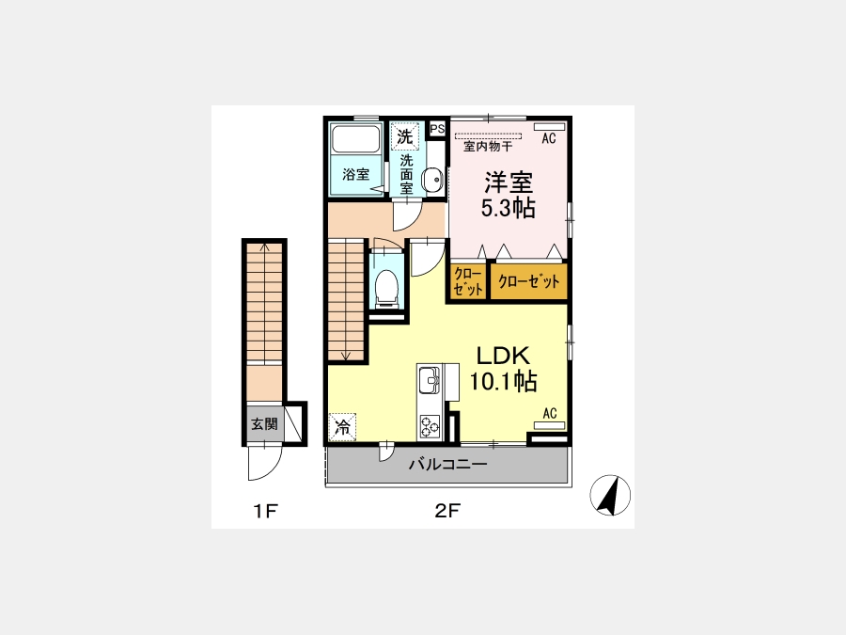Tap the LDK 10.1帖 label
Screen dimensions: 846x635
pyautogui.click(x=503, y=369)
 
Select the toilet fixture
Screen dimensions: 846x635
pyautogui.click(x=386, y=286)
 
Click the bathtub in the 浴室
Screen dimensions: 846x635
pyautogui.click(x=355, y=139)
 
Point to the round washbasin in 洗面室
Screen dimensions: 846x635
pyautogui.click(x=431, y=179)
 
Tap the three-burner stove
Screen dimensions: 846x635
pyautogui.click(x=430, y=426)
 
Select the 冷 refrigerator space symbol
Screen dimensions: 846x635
pyautogui.click(x=342, y=427)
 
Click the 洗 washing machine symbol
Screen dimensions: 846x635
pyautogui.click(x=404, y=135)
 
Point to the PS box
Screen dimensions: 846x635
pyautogui.click(x=437, y=129)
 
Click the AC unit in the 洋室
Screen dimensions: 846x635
pyautogui.click(x=549, y=127)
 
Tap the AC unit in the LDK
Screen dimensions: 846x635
pyautogui.click(x=549, y=425)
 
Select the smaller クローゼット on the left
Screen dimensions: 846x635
pyautogui.click(x=468, y=280)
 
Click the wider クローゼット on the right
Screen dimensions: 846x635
pyautogui.click(x=528, y=280)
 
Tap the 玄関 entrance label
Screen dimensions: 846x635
pyautogui.click(x=264, y=424)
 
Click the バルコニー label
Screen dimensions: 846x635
pyautogui.click(x=447, y=464)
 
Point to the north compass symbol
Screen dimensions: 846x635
pyautogui.click(x=610, y=495)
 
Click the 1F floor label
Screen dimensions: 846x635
pyautogui.click(x=265, y=510)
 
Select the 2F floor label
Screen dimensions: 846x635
pyautogui.click(x=447, y=510)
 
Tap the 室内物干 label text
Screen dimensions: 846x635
pyautogui.click(x=488, y=147)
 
